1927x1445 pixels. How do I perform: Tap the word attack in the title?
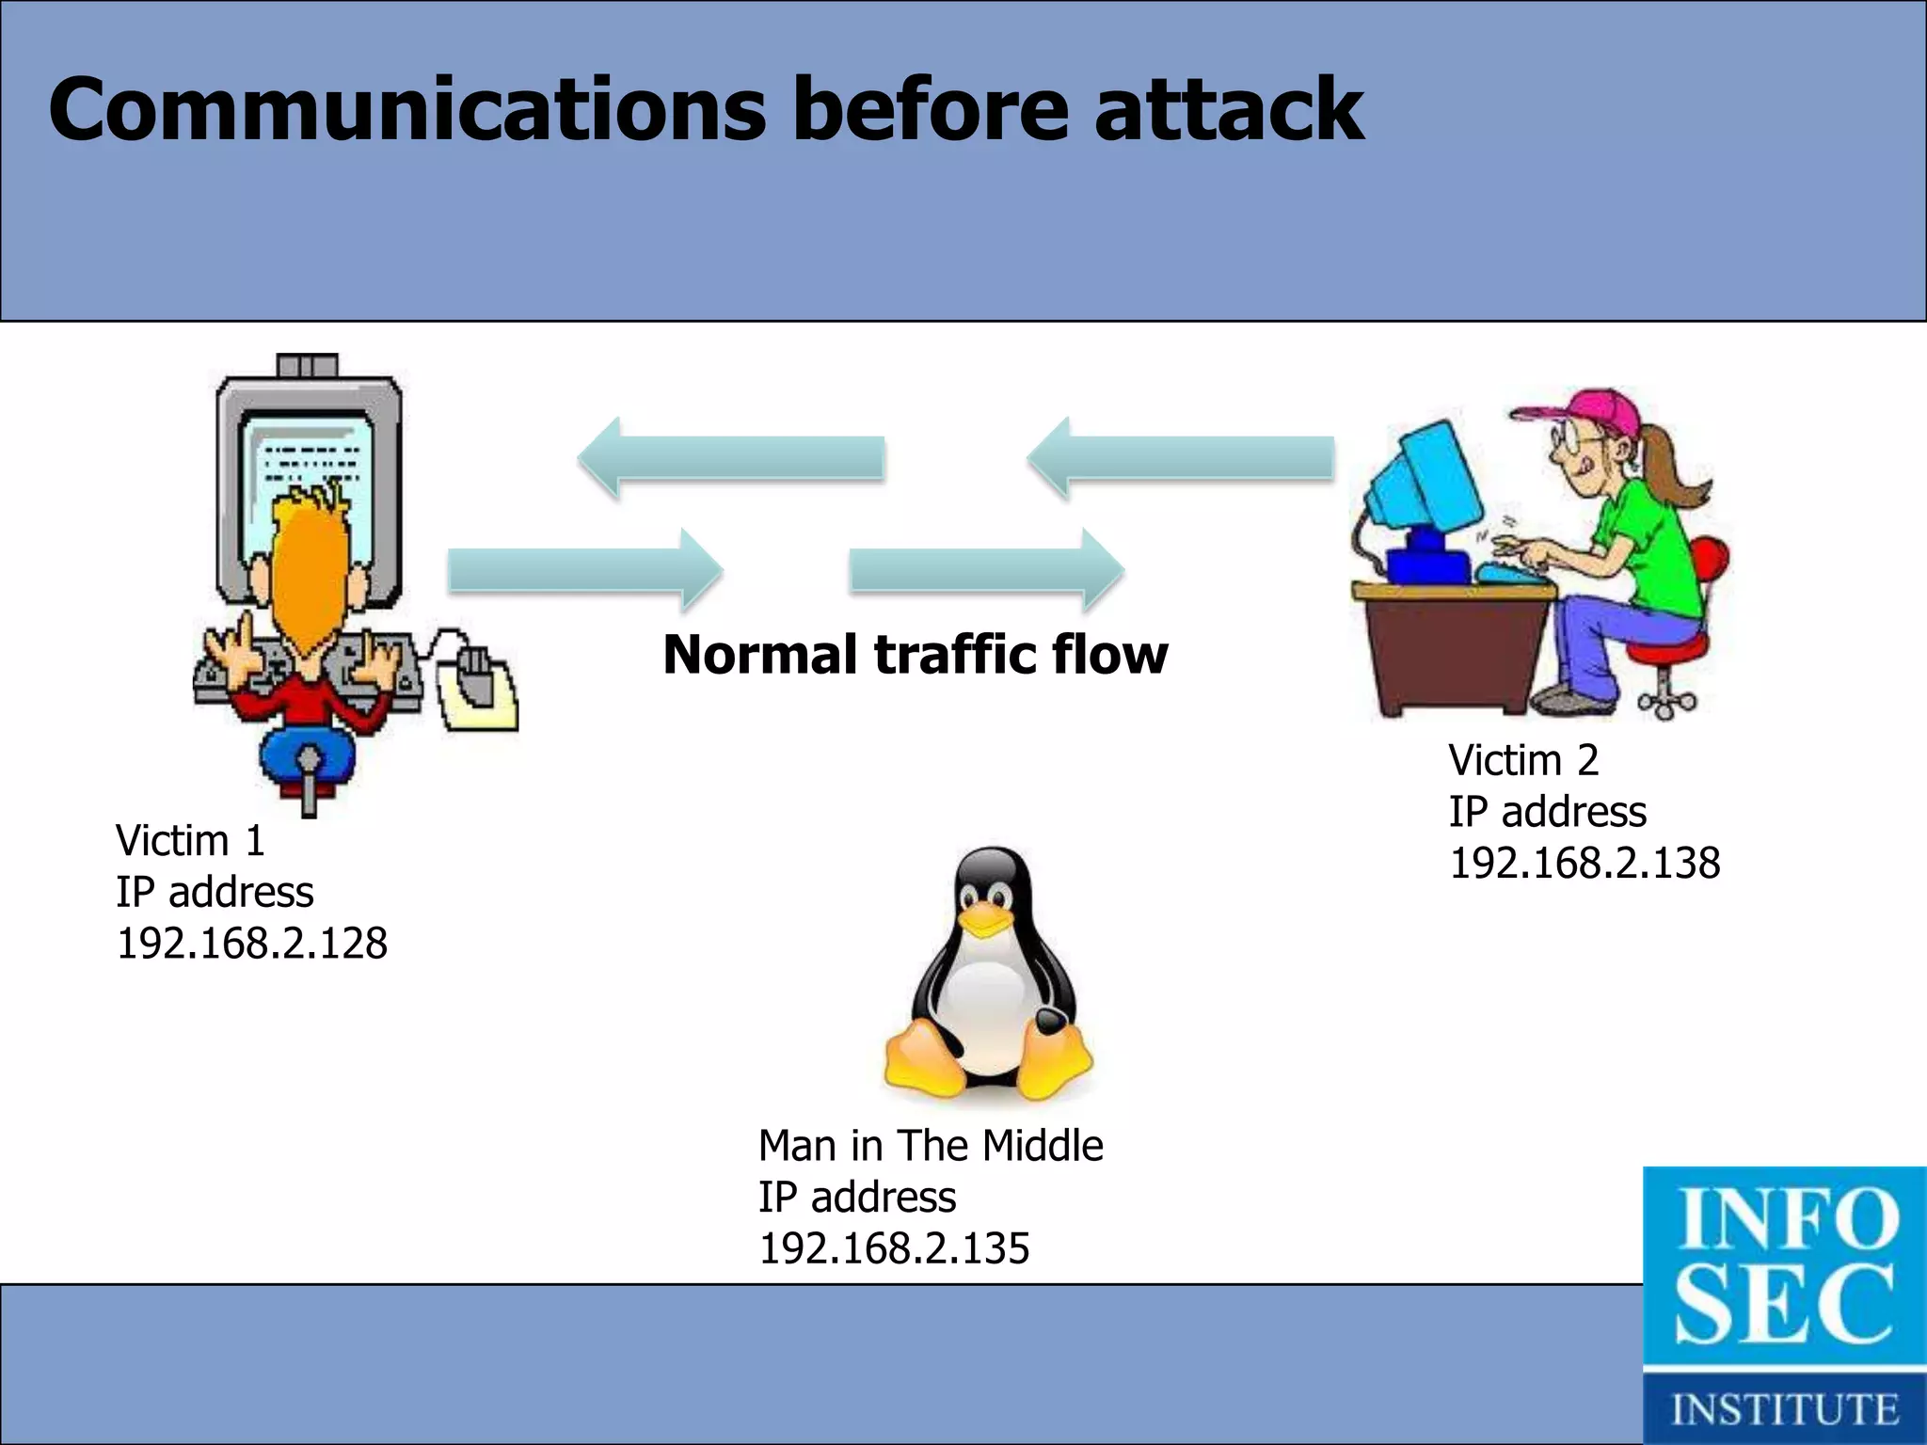(x=1228, y=110)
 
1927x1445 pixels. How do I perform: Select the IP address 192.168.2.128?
(x=251, y=944)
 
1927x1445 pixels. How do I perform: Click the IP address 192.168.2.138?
(x=1585, y=864)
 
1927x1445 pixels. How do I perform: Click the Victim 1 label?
(x=190, y=841)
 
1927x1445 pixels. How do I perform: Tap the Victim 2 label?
(x=1523, y=760)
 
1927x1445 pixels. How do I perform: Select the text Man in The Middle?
(x=930, y=1146)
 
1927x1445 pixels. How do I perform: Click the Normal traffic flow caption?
(x=915, y=655)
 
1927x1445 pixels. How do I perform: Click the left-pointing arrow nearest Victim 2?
(x=1181, y=459)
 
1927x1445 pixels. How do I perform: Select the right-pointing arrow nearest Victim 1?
(x=583, y=570)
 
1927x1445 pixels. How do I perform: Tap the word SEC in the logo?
(x=1783, y=1306)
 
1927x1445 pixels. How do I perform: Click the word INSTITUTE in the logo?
(x=1784, y=1409)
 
